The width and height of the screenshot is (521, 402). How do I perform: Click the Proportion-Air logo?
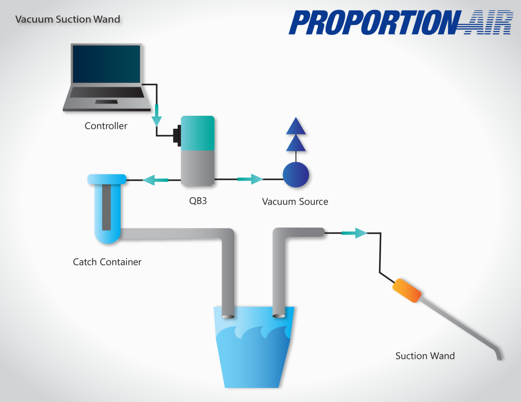pos(401,23)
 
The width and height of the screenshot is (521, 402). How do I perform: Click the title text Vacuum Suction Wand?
pos(68,19)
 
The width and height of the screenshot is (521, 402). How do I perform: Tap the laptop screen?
pos(106,64)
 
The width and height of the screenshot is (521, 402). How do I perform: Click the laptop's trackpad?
pos(106,102)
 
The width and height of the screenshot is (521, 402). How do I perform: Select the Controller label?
pos(106,126)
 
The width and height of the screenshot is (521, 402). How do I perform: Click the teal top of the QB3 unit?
pos(197,133)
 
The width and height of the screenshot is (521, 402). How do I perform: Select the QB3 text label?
pos(198,201)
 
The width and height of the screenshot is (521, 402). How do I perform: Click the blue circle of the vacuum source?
pos(296,175)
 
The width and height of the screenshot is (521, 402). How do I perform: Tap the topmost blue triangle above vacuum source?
pos(296,126)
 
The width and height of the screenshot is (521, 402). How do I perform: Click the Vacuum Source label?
pos(295,202)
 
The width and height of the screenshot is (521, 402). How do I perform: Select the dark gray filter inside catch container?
pos(106,207)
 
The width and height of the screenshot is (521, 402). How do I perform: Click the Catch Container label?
pos(107,262)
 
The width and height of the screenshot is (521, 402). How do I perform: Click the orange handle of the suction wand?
pos(406,291)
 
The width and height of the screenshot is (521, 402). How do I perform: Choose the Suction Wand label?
pos(425,356)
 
